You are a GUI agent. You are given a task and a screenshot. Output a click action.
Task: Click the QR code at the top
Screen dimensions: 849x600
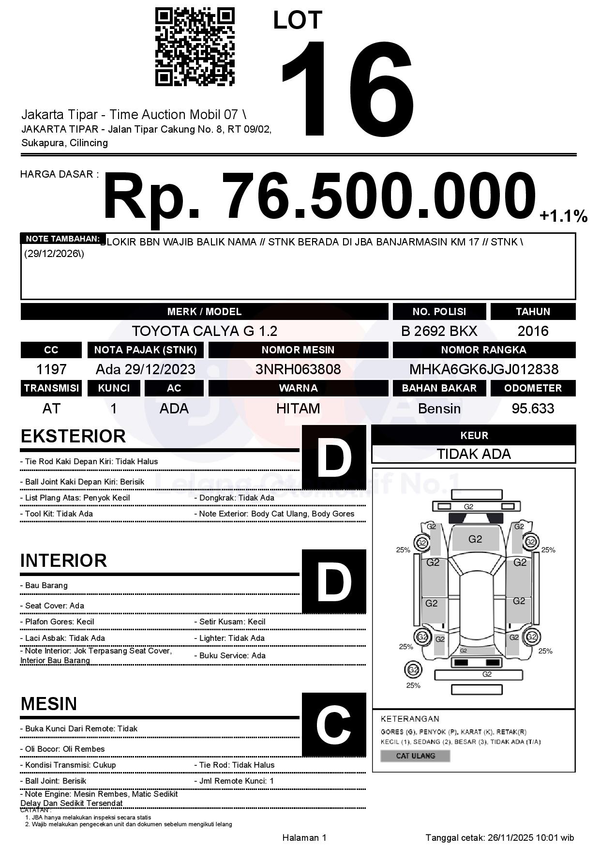[195, 47]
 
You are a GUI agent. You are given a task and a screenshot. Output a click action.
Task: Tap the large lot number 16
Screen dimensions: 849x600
[348, 90]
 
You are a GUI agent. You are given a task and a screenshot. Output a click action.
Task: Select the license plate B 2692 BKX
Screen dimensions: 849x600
[439, 331]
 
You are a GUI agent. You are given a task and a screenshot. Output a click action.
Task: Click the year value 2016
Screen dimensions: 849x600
[533, 331]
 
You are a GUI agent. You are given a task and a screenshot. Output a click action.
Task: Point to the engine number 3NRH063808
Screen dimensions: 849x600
[298, 369]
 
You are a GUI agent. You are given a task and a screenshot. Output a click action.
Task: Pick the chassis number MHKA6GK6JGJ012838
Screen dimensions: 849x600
[484, 369]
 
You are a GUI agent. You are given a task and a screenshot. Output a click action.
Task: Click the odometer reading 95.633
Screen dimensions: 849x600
[533, 409]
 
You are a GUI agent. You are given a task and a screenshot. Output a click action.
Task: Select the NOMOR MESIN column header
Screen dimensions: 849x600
[298, 350]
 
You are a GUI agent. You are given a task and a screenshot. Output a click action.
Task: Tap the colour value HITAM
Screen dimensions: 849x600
[298, 409]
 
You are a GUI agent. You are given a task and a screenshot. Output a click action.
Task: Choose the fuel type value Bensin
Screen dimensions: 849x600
[439, 409]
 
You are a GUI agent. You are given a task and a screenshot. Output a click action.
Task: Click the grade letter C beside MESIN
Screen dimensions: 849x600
[334, 725]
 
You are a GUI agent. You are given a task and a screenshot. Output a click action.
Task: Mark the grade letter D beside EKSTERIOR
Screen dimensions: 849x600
[334, 457]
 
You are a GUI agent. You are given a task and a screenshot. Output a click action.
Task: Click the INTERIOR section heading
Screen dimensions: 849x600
[63, 561]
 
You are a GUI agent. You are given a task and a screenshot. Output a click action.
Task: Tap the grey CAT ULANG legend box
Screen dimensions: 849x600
[415, 756]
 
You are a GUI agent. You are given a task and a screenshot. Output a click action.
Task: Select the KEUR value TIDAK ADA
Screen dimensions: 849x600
[474, 454]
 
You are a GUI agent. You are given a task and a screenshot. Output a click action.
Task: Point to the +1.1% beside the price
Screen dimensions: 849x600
[563, 216]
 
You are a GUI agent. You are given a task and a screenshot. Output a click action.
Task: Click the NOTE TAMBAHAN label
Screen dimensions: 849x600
[63, 239]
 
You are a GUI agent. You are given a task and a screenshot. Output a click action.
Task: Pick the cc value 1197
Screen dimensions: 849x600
[51, 369]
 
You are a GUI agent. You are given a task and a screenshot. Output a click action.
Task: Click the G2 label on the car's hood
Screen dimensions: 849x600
[475, 539]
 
